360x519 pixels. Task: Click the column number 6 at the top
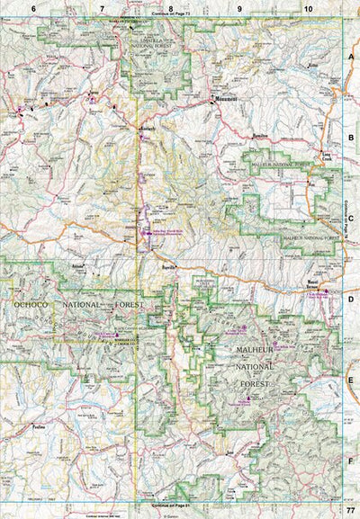click(x=33, y=8)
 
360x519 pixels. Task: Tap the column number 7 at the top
click(x=102, y=8)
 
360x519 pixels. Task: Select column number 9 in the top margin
click(x=239, y=8)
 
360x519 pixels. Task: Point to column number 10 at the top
click(x=308, y=8)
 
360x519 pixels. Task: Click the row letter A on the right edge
click(x=351, y=56)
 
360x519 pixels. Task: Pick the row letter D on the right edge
click(x=351, y=298)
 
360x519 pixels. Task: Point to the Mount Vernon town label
click(x=321, y=281)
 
